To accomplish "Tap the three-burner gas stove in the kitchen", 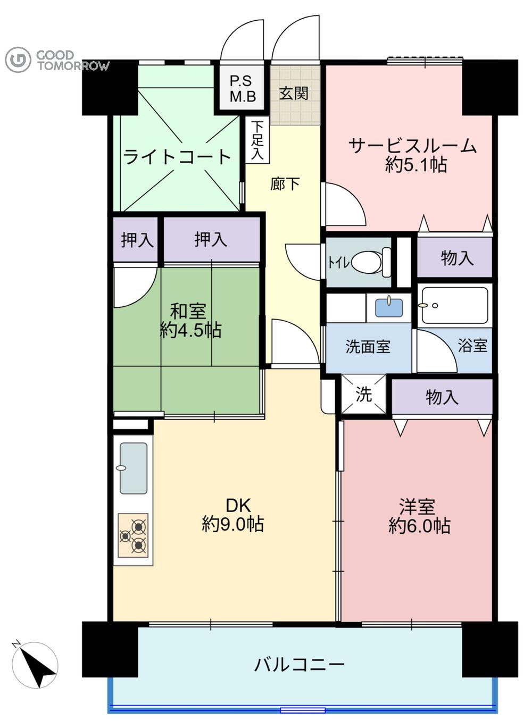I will (x=133, y=535).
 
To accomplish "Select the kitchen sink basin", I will (x=133, y=468).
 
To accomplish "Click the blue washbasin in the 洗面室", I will (x=389, y=307).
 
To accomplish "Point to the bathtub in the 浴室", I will (x=454, y=306).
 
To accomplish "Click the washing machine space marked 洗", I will (x=364, y=395).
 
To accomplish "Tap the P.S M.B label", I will (x=243, y=89).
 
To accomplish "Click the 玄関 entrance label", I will (x=294, y=94).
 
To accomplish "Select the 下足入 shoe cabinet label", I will (x=257, y=140).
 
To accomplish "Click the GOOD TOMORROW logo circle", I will (x=18, y=60).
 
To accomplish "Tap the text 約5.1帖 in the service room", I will (x=416, y=165).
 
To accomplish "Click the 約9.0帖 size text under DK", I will (x=232, y=525).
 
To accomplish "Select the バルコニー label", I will (x=300, y=665).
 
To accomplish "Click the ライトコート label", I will (x=177, y=157).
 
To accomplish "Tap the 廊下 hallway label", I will (x=285, y=184).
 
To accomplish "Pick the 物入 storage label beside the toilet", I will (x=457, y=258).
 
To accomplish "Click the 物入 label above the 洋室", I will (x=442, y=397).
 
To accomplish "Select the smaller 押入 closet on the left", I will (x=137, y=240).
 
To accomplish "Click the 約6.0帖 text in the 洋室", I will (x=419, y=526).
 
